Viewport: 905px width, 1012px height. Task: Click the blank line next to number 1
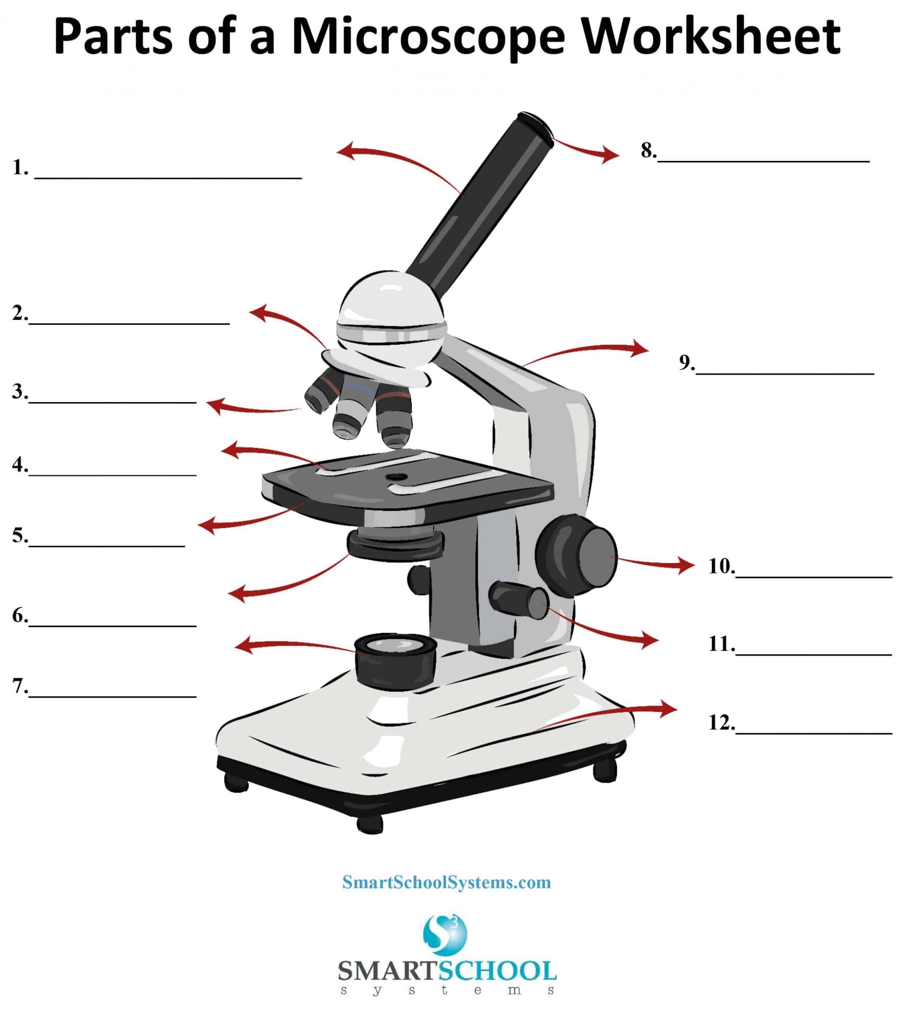[168, 176]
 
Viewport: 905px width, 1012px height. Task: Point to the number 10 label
[721, 566]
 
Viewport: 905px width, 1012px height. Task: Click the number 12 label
[721, 723]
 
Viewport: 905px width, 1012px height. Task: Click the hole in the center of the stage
[397, 477]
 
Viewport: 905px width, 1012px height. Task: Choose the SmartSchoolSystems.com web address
[447, 882]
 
